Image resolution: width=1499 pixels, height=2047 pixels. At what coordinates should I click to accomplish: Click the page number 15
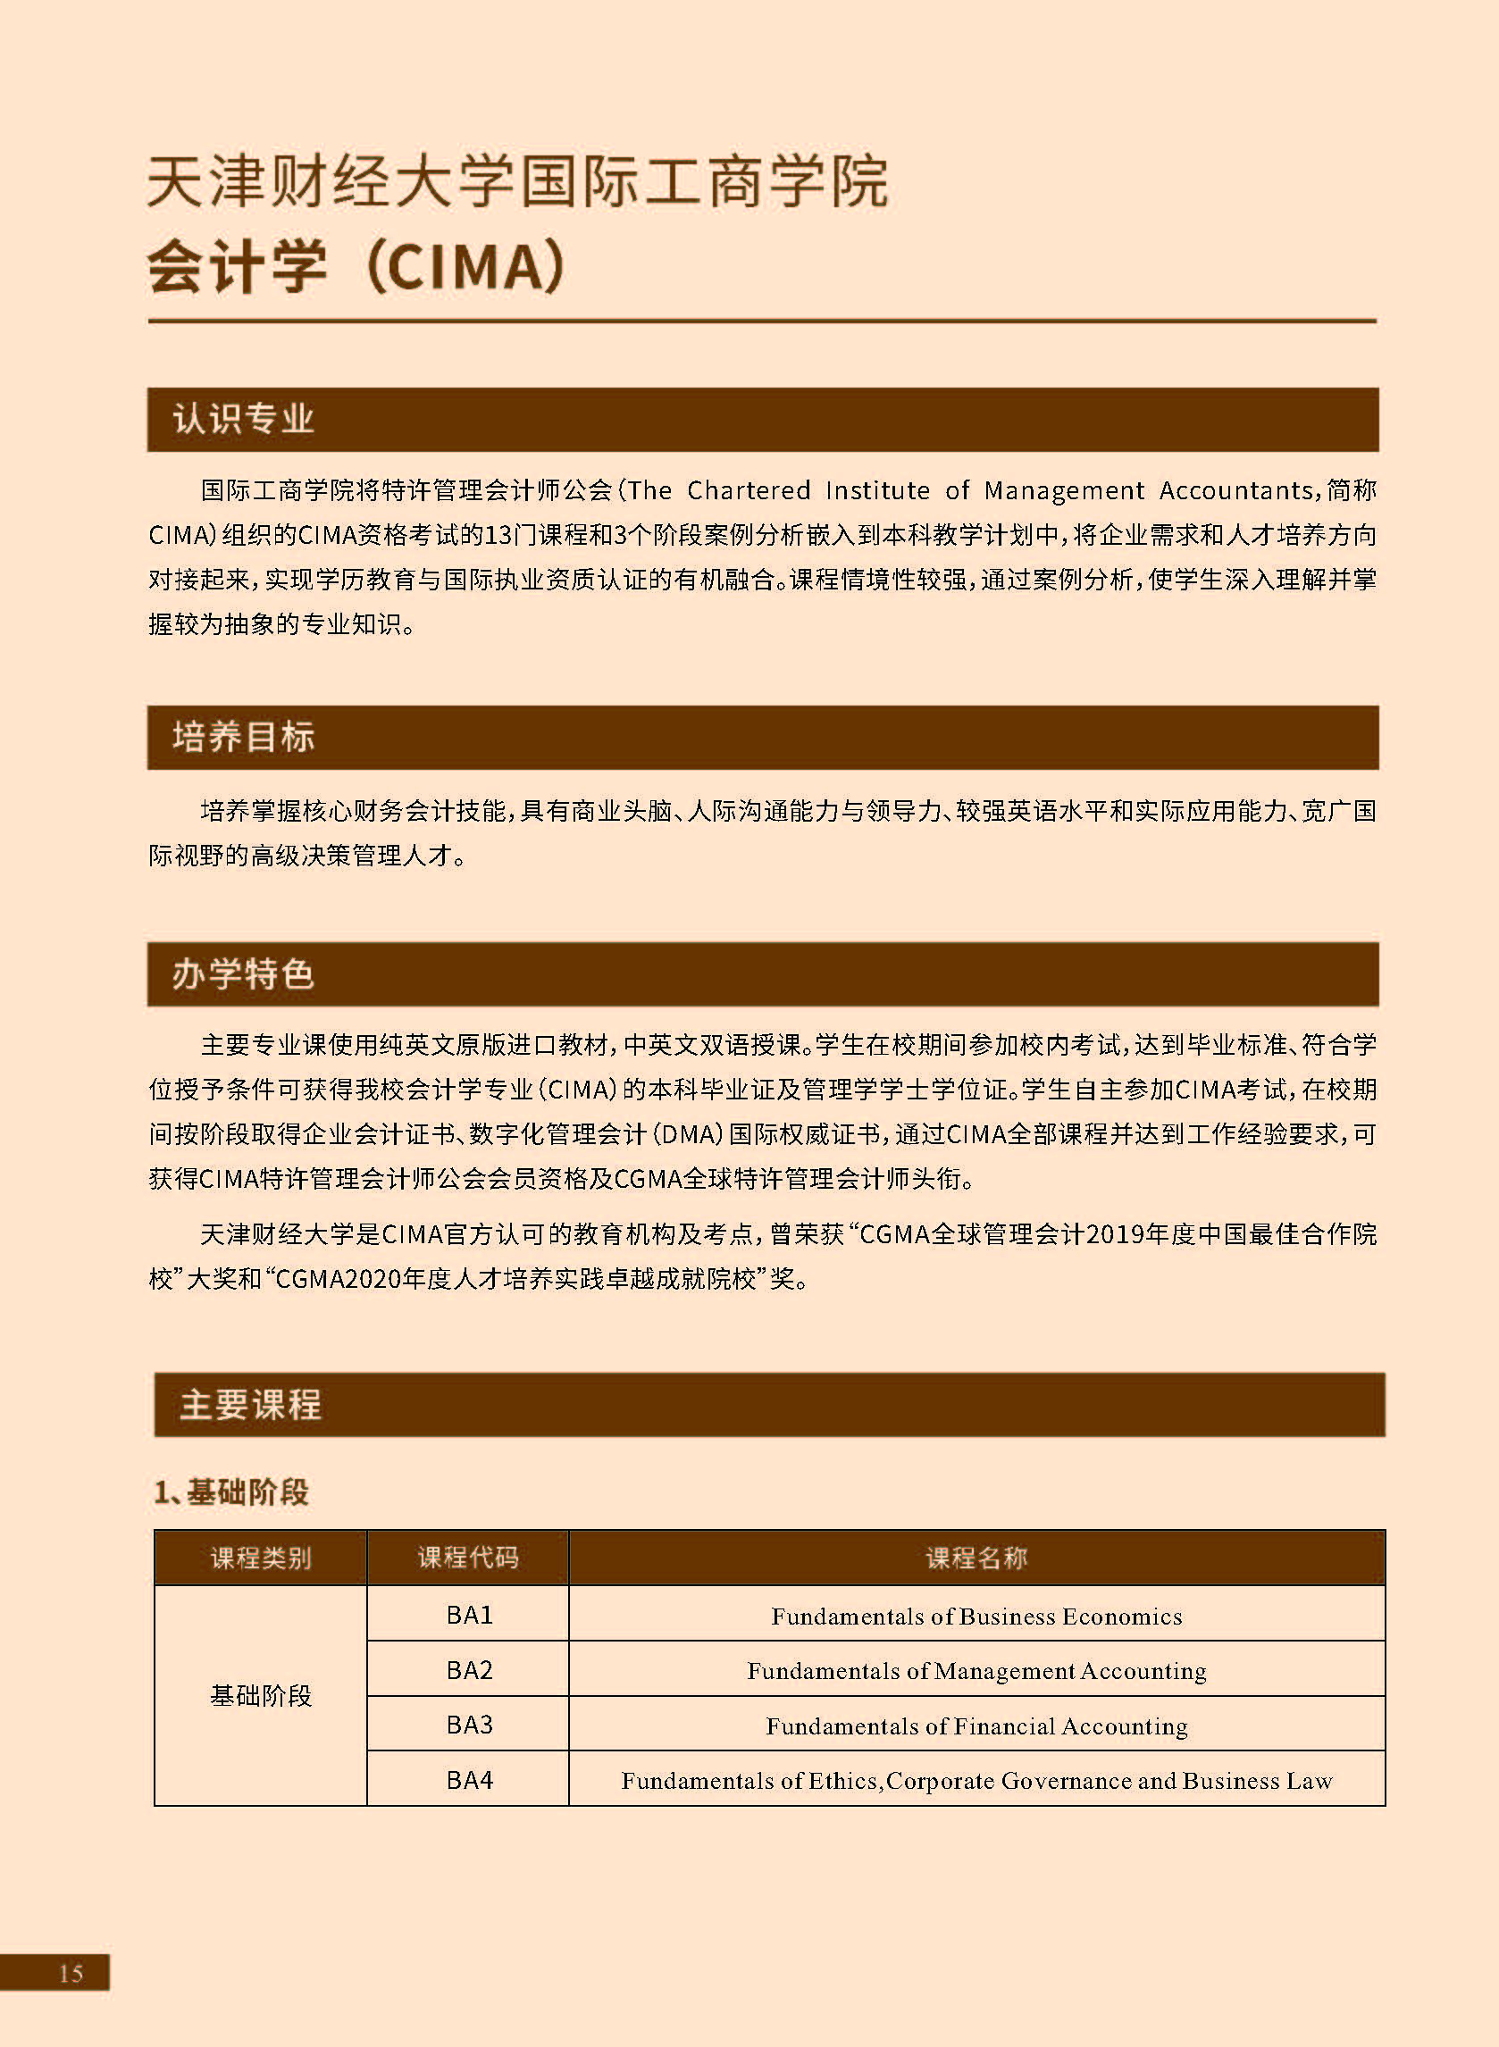coord(70,1973)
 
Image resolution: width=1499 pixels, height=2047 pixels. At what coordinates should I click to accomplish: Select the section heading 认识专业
coord(242,420)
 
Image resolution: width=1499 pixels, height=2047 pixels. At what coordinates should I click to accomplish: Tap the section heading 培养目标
coord(242,738)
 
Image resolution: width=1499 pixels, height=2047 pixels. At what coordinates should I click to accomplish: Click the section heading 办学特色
coord(242,974)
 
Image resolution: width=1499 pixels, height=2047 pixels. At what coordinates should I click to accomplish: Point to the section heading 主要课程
coord(249,1405)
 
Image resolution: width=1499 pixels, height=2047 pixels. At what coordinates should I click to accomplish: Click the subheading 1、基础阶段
coord(230,1492)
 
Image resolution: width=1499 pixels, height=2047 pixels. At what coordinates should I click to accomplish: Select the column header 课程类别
coord(261,1558)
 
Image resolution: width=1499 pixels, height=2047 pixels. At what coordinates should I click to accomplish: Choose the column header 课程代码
coord(467,1558)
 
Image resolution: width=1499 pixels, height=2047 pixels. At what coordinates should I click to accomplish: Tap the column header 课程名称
coord(976,1558)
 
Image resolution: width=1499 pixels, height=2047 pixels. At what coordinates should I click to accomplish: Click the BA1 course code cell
coord(469,1616)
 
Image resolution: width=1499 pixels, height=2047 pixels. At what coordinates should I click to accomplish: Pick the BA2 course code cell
coord(469,1670)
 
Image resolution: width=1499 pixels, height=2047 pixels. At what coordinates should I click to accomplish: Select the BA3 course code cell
coord(469,1724)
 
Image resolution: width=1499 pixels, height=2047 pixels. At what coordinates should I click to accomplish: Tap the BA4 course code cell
coord(469,1779)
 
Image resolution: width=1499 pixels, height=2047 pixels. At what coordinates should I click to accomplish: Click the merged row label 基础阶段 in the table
coord(261,1696)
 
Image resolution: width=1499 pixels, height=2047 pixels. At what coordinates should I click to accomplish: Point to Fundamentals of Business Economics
coord(976,1617)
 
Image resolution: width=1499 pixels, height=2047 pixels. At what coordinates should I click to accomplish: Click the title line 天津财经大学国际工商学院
coord(517,182)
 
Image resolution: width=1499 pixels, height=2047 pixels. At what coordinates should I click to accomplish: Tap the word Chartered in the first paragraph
coord(748,490)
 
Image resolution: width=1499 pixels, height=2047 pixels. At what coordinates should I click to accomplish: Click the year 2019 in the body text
coord(1116,1234)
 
